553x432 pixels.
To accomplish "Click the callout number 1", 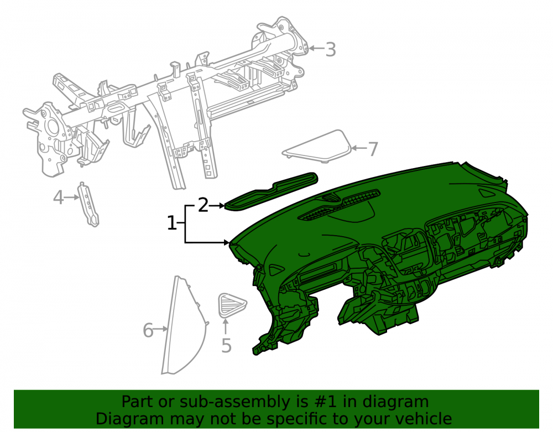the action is click(171, 223).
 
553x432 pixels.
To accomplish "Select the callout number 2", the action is click(203, 205).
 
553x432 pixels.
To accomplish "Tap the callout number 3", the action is click(331, 49).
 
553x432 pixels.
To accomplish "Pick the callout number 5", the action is click(226, 345).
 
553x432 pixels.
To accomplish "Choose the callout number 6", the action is click(148, 330).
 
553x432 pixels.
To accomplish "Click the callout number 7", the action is click(373, 149).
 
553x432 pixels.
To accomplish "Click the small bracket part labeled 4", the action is click(88, 204).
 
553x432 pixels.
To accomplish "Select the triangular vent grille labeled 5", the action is click(231, 304).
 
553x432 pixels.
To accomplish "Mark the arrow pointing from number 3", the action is click(316, 49).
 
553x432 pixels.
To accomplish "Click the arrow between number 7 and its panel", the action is click(359, 148).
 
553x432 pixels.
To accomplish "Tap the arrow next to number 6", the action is click(161, 329).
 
